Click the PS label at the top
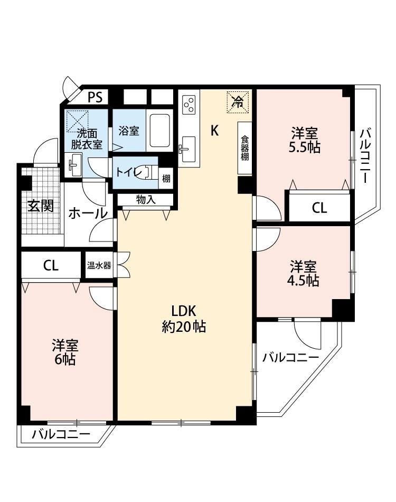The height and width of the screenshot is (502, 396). click(x=95, y=97)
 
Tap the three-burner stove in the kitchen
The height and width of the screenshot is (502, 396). click(x=188, y=105)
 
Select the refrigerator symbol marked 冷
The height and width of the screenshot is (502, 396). click(x=238, y=102)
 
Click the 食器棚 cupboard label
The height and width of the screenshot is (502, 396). click(x=244, y=148)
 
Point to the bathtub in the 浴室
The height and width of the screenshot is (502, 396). click(x=159, y=131)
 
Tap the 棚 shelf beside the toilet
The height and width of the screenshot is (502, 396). click(x=166, y=178)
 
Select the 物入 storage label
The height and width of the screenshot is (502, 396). click(x=146, y=200)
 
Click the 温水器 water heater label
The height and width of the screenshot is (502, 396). click(x=99, y=265)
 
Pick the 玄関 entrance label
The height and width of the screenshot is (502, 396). click(x=40, y=206)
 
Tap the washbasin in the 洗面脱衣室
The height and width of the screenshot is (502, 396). click(x=73, y=165)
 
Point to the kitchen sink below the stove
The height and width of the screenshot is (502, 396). click(x=188, y=149)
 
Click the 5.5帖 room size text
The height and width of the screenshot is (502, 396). click(x=305, y=147)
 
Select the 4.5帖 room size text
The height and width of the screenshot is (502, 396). click(x=303, y=281)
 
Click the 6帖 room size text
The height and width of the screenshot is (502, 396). click(x=65, y=359)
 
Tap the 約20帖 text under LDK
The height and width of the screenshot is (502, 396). click(x=184, y=327)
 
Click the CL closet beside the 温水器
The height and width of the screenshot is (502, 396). click(x=51, y=265)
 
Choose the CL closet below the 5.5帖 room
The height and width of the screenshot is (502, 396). click(x=319, y=208)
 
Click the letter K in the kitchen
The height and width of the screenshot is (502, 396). click(x=214, y=131)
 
